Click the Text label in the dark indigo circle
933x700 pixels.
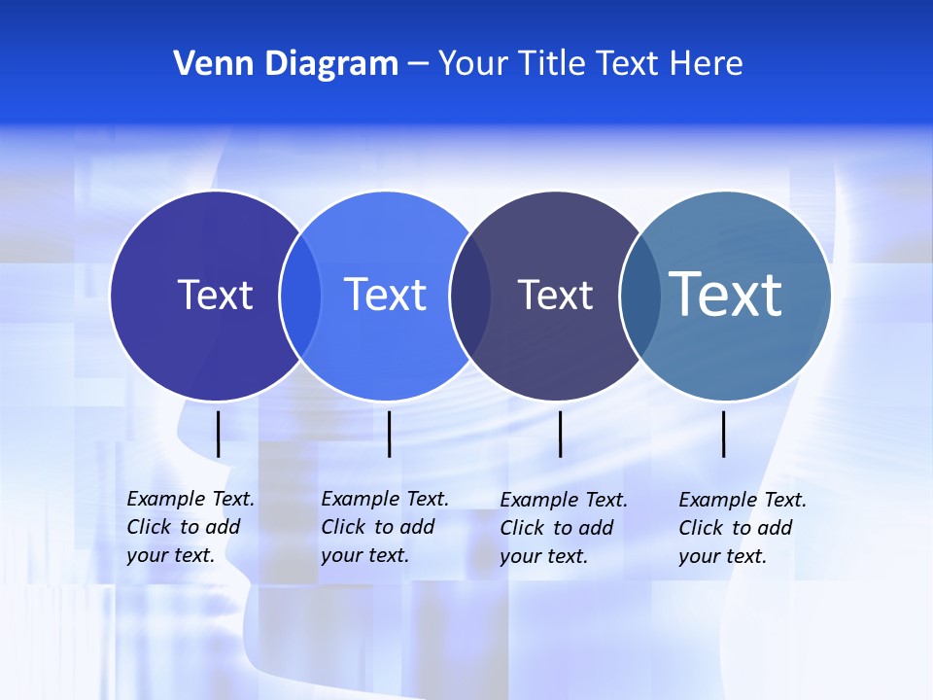point(215,295)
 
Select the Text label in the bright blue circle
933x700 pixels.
point(386,295)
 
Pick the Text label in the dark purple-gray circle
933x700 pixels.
point(555,296)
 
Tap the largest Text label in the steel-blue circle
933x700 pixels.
point(726,294)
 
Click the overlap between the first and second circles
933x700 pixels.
point(300,296)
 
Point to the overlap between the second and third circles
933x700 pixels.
point(471,296)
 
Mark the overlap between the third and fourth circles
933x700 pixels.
point(639,296)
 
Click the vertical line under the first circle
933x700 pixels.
point(218,434)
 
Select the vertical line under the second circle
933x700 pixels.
point(389,434)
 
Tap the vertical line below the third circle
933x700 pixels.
point(560,434)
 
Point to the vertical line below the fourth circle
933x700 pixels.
point(724,434)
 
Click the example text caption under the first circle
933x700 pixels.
point(190,527)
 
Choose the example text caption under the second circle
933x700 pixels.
point(384,527)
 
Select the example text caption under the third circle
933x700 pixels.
point(563,528)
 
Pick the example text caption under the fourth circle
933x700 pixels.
point(742,528)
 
